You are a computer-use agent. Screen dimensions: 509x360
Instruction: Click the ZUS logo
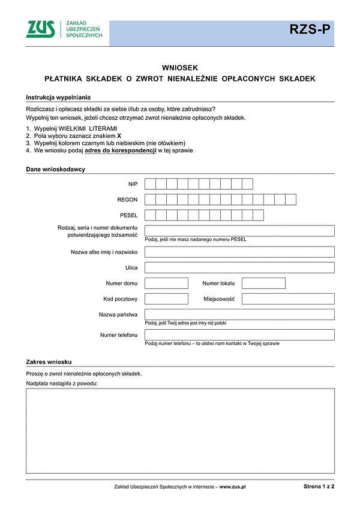tap(40, 29)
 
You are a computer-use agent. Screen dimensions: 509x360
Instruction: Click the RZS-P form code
tap(310, 29)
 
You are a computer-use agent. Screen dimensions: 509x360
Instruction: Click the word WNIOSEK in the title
tap(179, 68)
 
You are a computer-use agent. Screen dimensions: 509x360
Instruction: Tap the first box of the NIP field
tap(151, 184)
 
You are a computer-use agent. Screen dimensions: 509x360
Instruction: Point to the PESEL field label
tap(128, 215)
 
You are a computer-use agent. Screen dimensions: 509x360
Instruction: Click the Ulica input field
tap(239, 267)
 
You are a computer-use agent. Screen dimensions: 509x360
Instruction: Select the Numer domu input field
tap(166, 283)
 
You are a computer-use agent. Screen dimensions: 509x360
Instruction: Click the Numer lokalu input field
tap(263, 283)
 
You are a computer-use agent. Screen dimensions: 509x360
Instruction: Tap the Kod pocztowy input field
tap(166, 299)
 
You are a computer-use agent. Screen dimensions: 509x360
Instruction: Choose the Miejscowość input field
tap(288, 299)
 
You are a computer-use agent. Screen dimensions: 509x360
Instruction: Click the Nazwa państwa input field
tap(239, 314)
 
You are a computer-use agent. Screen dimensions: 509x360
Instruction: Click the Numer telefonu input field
tap(239, 335)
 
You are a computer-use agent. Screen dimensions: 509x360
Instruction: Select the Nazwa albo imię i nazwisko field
tap(239, 252)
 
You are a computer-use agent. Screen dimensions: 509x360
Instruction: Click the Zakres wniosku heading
tap(49, 362)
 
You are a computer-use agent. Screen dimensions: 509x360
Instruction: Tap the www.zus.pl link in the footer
tap(233, 487)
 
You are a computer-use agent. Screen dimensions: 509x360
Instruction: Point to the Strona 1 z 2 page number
tap(319, 487)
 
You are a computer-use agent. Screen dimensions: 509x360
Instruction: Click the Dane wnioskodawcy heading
tap(55, 170)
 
